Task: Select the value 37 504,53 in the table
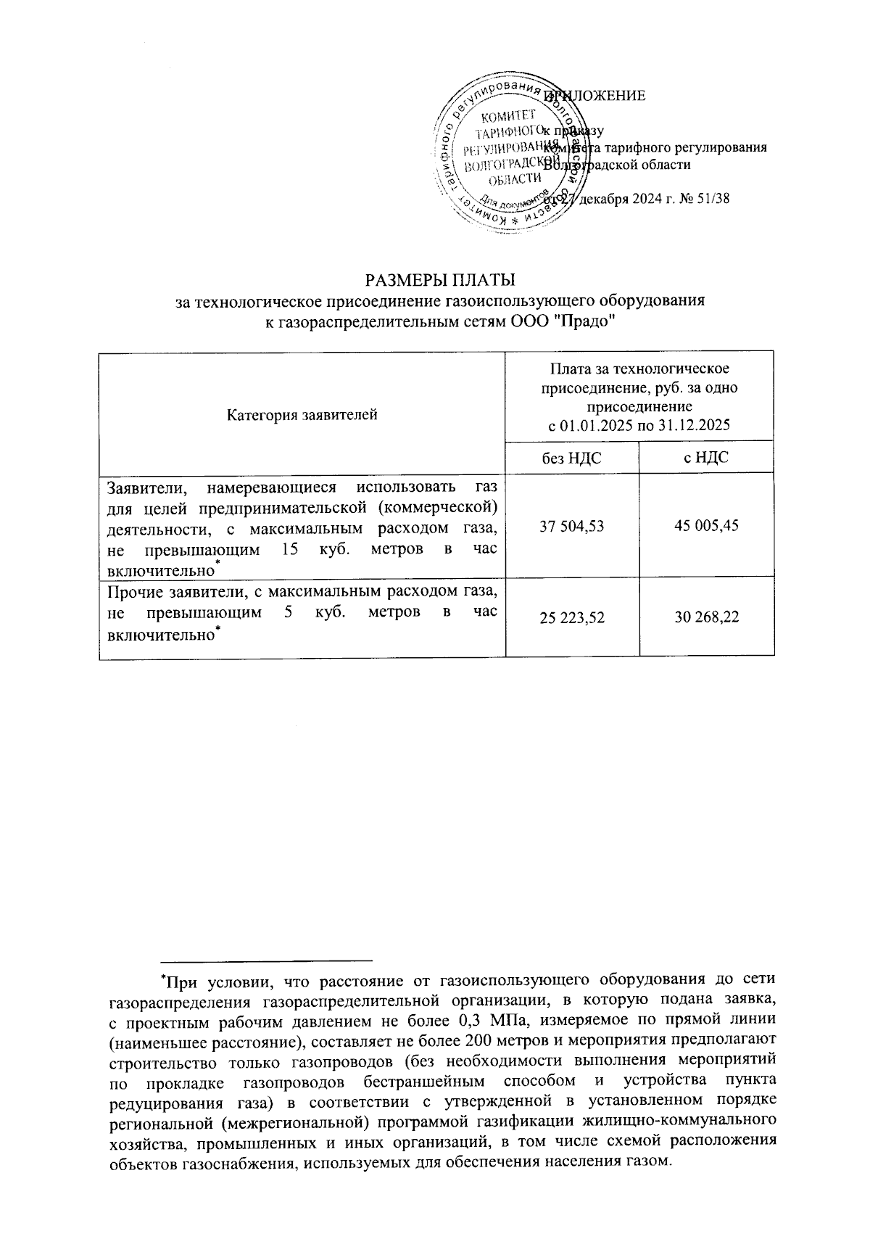[572, 526]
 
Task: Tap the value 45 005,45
[706, 526]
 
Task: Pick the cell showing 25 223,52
[572, 618]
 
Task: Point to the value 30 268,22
[706, 618]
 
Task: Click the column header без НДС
[572, 458]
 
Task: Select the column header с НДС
[706, 458]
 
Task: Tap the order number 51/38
[713, 199]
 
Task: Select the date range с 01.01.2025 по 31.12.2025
[639, 425]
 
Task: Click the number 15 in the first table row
[289, 550]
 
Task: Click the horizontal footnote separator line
[266, 959]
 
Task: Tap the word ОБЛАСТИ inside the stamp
[515, 179]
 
